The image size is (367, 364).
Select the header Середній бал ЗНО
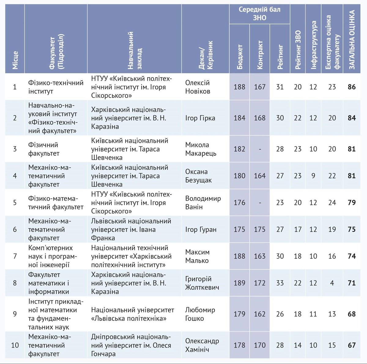coord(259,14)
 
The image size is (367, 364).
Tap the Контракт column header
coord(260,55)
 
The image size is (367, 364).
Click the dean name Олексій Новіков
coord(198,87)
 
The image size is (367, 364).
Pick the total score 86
coord(352,87)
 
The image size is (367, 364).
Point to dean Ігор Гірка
coord(200,118)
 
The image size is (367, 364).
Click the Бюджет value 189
coord(239,283)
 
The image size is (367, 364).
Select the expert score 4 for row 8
coord(332,283)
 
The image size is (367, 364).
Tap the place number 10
coord(15,345)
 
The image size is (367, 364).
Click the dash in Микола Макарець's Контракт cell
coord(260,149)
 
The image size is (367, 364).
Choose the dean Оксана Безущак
coord(198,176)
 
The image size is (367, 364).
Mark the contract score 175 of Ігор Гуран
coord(260,230)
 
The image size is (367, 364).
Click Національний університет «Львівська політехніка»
coord(132,314)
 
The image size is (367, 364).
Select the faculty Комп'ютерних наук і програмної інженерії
coord(53,256)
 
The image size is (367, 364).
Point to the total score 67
coord(352,345)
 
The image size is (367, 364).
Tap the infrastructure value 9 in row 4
coord(313,176)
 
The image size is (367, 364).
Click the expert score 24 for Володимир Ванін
coord(332,203)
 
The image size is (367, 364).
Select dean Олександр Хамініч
coord(202,345)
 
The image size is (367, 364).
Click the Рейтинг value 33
coord(280,283)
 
